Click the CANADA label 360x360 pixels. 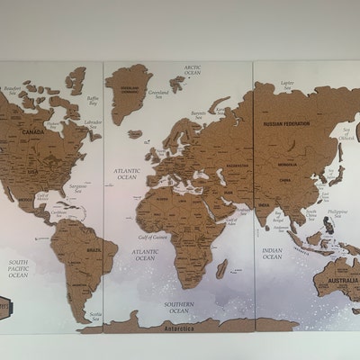point(32,131)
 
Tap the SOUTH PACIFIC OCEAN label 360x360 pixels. point(18,267)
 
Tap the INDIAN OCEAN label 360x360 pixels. point(272,255)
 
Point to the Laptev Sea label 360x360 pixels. point(287,85)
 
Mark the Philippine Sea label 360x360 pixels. point(337,213)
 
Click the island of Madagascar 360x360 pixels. point(222,266)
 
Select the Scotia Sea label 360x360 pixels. point(94,315)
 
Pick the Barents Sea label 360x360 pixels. point(200,114)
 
